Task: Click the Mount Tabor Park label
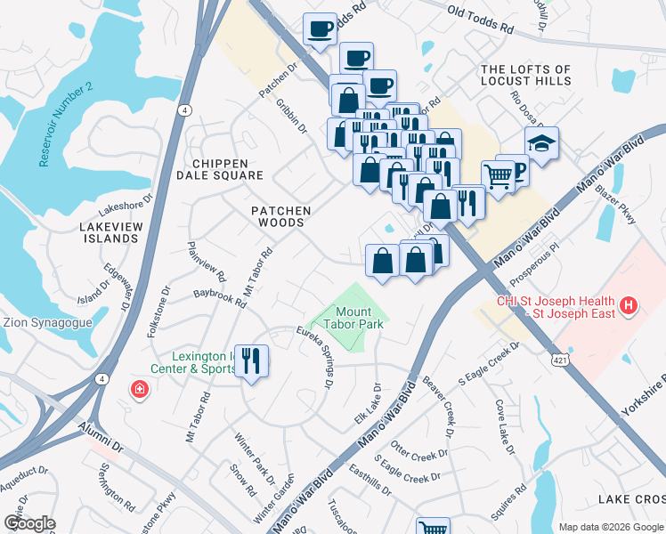pos(359,318)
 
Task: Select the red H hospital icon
pos(629,307)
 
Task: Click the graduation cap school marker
pos(540,142)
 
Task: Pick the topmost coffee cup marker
pos(320,29)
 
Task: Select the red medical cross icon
pos(138,389)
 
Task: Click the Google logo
pos(29,522)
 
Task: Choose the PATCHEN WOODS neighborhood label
pos(280,217)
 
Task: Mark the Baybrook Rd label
pos(220,296)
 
